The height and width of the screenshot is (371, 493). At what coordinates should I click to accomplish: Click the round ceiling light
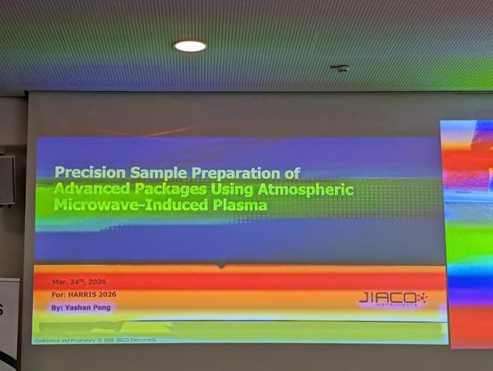(189, 45)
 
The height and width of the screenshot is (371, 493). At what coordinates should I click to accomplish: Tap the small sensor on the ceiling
(340, 68)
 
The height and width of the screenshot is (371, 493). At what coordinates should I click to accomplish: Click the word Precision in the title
(87, 173)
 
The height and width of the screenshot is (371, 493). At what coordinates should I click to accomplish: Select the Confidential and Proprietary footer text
(95, 340)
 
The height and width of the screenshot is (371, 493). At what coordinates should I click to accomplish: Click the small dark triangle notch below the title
(221, 266)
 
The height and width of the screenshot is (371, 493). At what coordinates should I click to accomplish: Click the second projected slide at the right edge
(467, 232)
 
